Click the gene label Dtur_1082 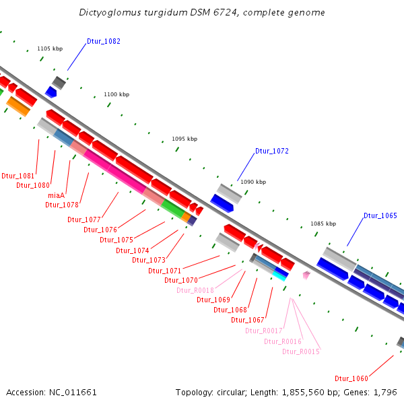pos(104,42)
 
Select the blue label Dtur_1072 pos(272,151)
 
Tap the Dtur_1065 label pos(380,216)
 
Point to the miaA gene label pos(56,195)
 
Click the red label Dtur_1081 pos(18,176)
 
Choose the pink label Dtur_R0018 pos(195,290)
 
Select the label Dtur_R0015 pos(300,351)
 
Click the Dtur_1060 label pos(351,378)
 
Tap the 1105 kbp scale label pos(50,49)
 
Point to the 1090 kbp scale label pos(253,182)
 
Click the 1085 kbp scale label pos(323,224)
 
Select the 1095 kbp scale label pos(184,139)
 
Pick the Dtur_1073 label pos(149,260)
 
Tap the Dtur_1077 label pos(84,220)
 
